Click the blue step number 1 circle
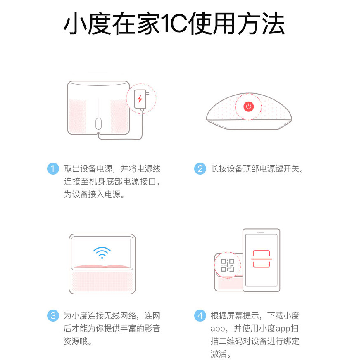pyautogui.click(x=53, y=168)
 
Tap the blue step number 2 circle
pyautogui.click(x=200, y=168)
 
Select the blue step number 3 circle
pyautogui.click(x=53, y=316)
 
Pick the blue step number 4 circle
pyautogui.click(x=200, y=316)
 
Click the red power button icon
pyautogui.click(x=248, y=107)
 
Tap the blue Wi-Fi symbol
pyautogui.click(x=102, y=252)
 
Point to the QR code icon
pyautogui.click(x=227, y=265)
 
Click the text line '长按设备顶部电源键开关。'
pyautogui.click(x=257, y=169)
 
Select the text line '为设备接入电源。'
pyautogui.click(x=94, y=194)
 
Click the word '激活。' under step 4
pyautogui.click(x=221, y=354)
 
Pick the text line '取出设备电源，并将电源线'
pyautogui.click(x=112, y=169)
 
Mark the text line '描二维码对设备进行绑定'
pyautogui.click(x=255, y=342)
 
